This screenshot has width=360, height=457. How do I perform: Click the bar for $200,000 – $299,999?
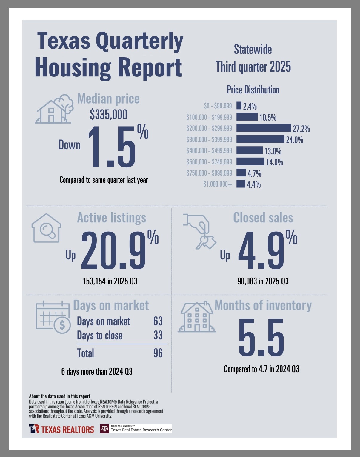point(264,128)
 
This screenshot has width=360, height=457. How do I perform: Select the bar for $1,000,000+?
point(241,184)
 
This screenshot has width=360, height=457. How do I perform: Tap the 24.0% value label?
point(295,140)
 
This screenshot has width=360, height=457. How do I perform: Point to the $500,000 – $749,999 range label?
point(209,162)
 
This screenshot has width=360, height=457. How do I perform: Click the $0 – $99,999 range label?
point(218,106)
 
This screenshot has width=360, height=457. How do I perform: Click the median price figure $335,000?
point(108,114)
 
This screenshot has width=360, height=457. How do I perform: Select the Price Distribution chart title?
point(253,90)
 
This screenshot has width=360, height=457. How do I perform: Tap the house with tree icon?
point(55,109)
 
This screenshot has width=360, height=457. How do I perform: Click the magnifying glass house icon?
point(46,228)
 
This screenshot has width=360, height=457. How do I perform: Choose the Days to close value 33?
point(158,335)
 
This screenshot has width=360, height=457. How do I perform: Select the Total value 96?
point(158,353)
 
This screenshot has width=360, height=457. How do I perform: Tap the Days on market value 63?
point(158,321)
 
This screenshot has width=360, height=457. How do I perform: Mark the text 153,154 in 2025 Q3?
point(110,281)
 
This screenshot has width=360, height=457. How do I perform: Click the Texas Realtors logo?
point(61,429)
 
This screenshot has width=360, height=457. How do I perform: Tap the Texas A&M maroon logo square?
point(104,429)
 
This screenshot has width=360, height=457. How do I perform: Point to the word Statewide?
point(253,50)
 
